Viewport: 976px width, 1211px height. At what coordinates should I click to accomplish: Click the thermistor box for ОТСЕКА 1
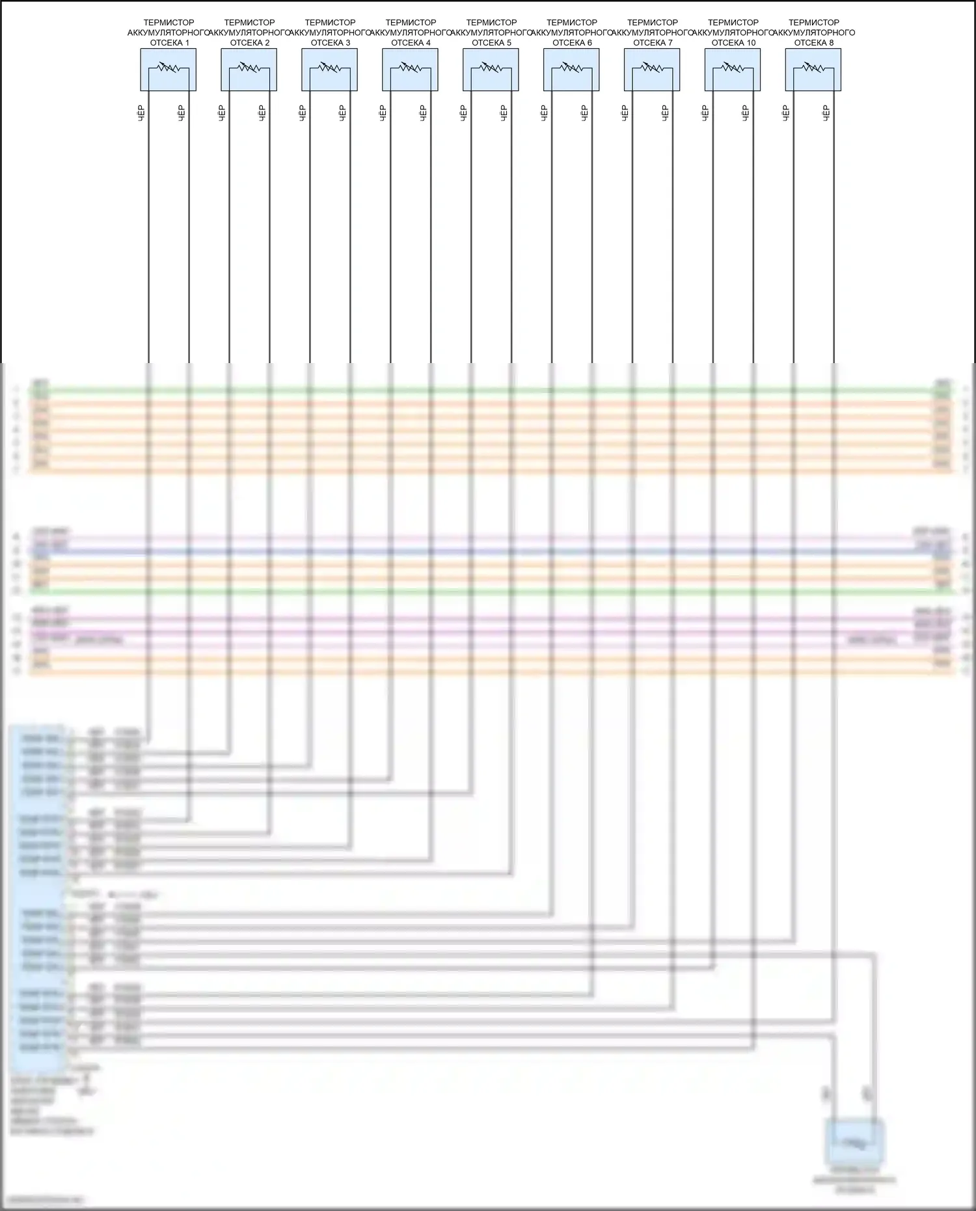click(168, 70)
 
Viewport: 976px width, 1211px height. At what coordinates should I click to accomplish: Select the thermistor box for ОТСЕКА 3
click(329, 70)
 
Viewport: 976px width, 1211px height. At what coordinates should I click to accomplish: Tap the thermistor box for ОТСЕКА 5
click(491, 70)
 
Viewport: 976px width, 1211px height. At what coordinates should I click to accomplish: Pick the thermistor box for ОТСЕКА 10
click(733, 70)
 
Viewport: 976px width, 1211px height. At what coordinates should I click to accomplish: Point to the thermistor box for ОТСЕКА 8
click(813, 70)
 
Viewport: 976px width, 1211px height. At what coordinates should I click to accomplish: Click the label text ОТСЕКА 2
click(250, 43)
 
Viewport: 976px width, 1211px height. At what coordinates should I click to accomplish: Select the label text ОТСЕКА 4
click(411, 43)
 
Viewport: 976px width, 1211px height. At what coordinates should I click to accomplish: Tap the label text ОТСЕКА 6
click(572, 43)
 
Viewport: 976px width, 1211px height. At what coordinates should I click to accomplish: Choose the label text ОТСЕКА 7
click(653, 43)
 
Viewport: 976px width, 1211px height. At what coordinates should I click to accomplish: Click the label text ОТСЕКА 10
click(733, 43)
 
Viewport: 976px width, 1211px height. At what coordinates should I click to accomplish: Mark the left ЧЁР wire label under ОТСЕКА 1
click(141, 113)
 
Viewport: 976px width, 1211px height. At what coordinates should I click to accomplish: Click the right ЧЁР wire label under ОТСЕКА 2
click(262, 113)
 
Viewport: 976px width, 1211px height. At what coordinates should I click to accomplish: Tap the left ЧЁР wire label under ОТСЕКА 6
click(544, 113)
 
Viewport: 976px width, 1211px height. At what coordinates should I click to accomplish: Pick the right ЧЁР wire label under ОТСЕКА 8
click(826, 113)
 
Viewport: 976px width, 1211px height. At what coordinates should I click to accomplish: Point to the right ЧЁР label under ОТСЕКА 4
click(423, 113)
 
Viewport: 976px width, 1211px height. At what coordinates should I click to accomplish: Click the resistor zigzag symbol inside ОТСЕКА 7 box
click(652, 67)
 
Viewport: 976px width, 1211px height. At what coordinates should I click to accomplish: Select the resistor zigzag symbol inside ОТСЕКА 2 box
click(249, 67)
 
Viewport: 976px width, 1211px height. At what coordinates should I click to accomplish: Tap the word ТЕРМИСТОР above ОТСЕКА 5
click(491, 22)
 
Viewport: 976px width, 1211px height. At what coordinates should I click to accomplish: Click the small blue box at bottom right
click(854, 1142)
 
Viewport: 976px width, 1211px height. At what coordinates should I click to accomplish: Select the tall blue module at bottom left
click(38, 898)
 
